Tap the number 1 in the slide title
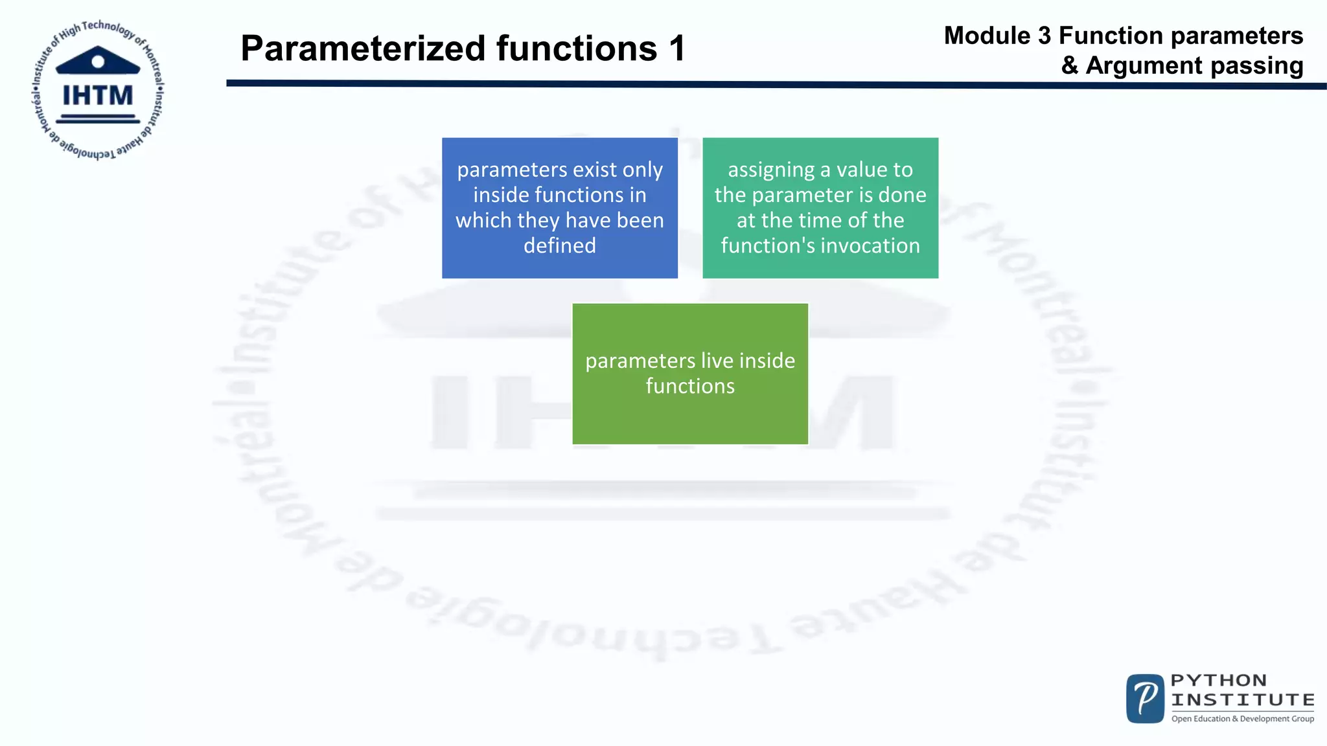click(x=677, y=49)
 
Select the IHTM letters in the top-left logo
click(x=98, y=96)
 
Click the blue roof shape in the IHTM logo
click(x=98, y=61)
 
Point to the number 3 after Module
click(x=1044, y=36)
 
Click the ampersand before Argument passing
click(x=1070, y=66)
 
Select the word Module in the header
click(x=987, y=36)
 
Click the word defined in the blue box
click(x=560, y=245)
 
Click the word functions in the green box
click(x=690, y=386)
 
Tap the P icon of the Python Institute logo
click(x=1146, y=699)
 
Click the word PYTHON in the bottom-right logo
click(x=1219, y=681)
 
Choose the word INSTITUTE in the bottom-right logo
click(x=1243, y=700)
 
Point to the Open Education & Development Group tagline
click(x=1243, y=719)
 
